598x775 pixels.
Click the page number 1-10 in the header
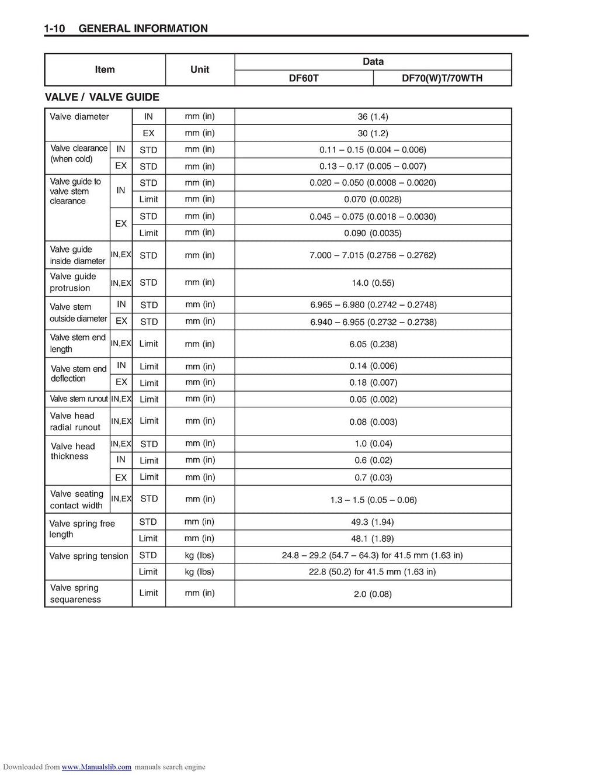54,28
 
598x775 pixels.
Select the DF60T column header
304,78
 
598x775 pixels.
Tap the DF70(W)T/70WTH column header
442,78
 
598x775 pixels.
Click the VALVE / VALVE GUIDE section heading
102,97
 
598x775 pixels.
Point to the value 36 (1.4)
373,116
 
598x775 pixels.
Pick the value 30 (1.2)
373,133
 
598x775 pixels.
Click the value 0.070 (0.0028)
373,199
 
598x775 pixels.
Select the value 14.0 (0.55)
373,283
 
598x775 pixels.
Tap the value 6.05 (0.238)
373,344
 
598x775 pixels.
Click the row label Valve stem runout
79,399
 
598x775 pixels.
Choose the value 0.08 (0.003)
373,422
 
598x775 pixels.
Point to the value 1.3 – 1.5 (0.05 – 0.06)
373,500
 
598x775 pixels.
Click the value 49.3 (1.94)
373,522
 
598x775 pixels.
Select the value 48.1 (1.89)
373,538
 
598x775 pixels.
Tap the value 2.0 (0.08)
373,594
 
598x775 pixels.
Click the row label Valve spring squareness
75,593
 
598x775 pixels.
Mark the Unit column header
200,70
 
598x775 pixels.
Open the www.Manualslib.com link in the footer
96,767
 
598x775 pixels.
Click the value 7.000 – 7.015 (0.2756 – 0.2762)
373,255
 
